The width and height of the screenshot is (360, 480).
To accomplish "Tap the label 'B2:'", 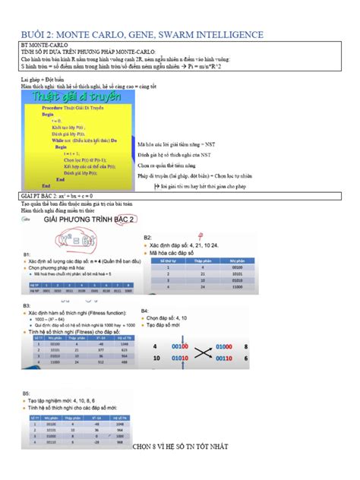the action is click(147, 238).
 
